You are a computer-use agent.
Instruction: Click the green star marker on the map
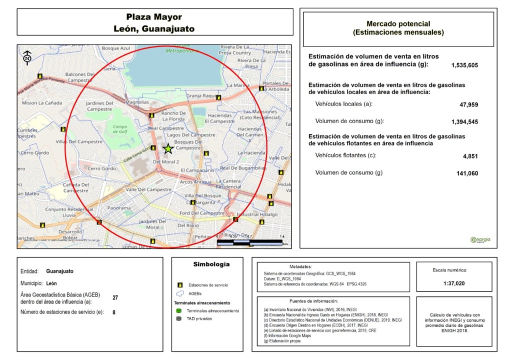click(168, 148)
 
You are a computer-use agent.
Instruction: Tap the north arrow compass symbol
click(27, 57)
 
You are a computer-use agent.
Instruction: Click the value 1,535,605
click(464, 65)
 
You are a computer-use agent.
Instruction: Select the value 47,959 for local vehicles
click(468, 105)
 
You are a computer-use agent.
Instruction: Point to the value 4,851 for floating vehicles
click(470, 156)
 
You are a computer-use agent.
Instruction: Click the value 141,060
click(464, 173)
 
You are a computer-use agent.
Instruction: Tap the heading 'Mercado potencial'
click(398, 23)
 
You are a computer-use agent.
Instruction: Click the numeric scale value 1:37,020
click(457, 283)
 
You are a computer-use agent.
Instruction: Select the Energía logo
click(480, 239)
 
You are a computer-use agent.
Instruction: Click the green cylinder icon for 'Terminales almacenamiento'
click(178, 310)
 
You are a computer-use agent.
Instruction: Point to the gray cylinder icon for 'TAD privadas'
click(178, 318)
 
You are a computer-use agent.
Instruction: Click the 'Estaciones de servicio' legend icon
click(178, 284)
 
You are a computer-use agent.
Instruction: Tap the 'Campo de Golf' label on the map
click(120, 129)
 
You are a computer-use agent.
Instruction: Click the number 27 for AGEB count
click(115, 297)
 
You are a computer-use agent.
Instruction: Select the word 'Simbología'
click(211, 264)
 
